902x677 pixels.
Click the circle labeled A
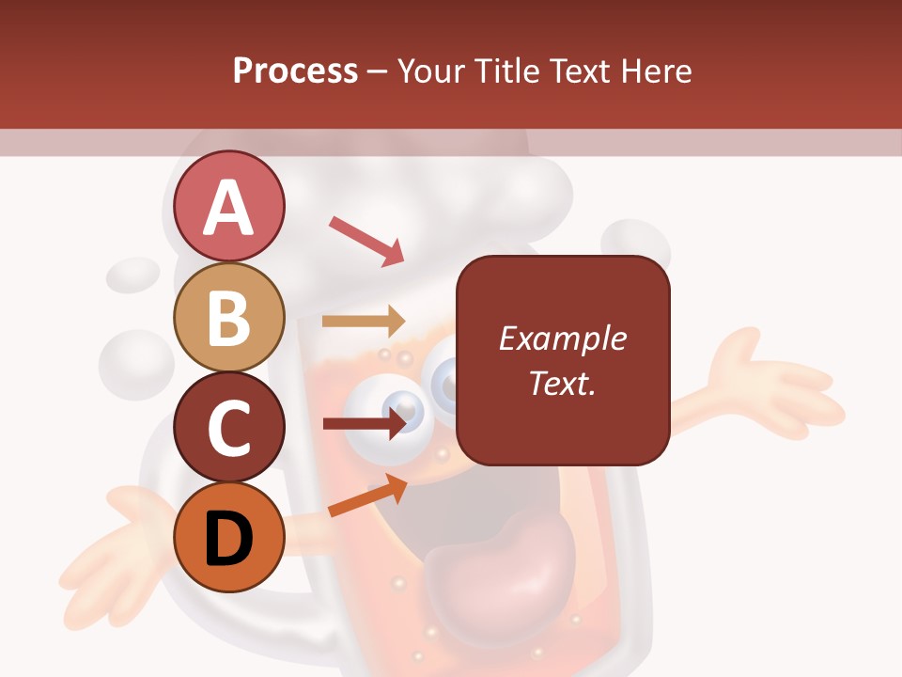[x=228, y=206]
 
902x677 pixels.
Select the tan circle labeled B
[x=228, y=317]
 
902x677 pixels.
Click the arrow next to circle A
[x=365, y=240]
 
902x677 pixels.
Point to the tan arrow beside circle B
[x=364, y=321]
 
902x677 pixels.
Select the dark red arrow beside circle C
[x=365, y=423]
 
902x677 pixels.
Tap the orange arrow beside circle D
[x=367, y=495]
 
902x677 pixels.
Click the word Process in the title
[x=295, y=71]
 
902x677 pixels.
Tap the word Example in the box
[x=562, y=338]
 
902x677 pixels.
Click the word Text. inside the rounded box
[x=562, y=384]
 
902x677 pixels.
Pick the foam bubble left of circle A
[x=133, y=274]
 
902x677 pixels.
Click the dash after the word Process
[x=378, y=71]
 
